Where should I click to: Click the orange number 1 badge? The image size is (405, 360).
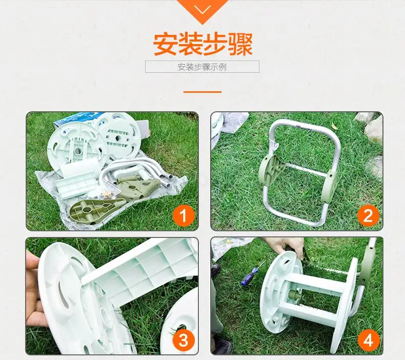[184, 216]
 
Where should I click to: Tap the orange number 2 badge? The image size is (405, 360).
[368, 216]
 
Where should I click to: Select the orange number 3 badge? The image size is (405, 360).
[184, 339]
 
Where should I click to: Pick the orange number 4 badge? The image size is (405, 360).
[368, 339]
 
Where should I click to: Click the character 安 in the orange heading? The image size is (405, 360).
[165, 44]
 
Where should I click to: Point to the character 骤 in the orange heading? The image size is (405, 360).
[240, 44]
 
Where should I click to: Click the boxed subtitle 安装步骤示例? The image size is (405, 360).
[202, 67]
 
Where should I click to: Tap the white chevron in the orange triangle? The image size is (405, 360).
[202, 10]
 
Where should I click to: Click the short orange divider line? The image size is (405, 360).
[202, 92]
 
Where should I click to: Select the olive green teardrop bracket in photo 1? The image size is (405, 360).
[97, 209]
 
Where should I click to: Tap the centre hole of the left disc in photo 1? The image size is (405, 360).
[77, 150]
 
